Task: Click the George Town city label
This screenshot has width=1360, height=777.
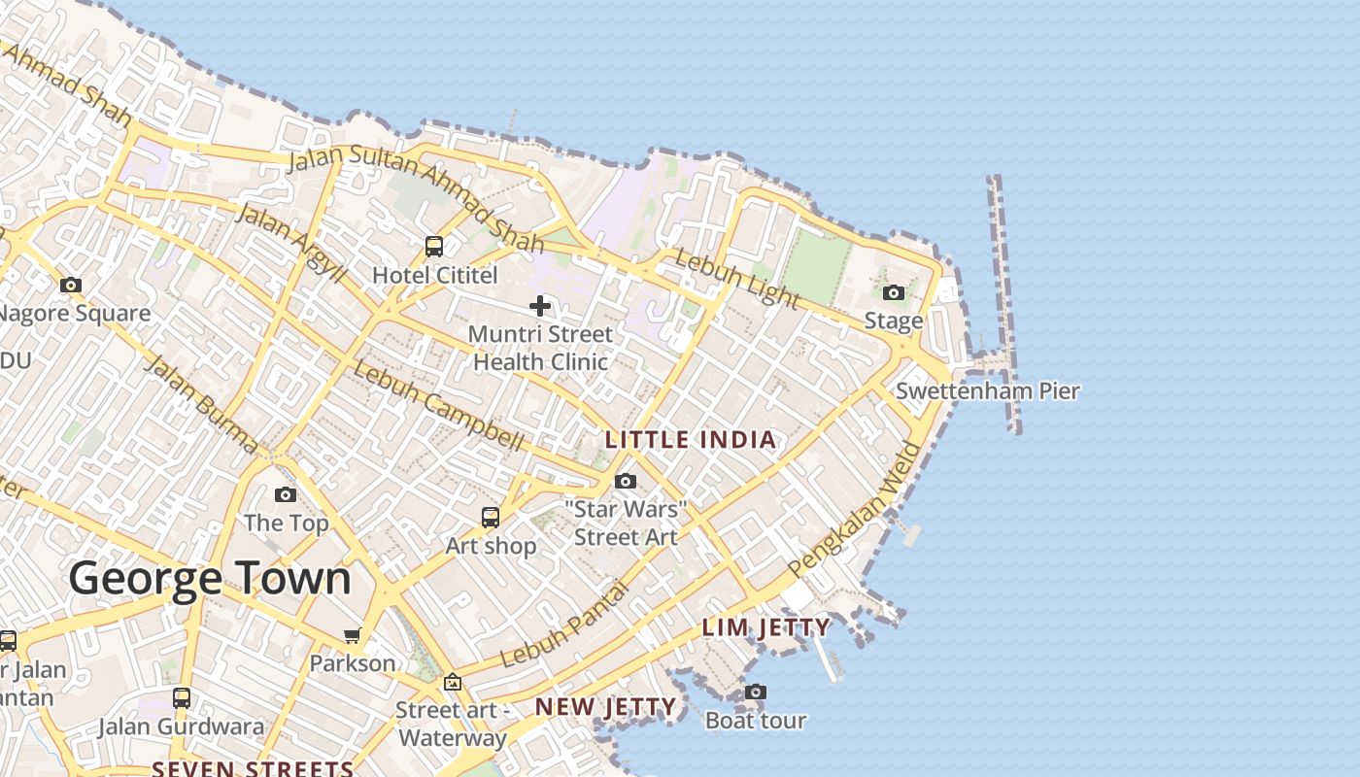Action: pos(210,579)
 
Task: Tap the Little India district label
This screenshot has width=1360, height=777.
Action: pos(691,440)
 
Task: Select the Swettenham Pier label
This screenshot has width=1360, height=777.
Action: pos(987,391)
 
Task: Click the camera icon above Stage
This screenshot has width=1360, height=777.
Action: pos(894,292)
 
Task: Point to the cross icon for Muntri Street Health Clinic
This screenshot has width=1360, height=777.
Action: pos(540,307)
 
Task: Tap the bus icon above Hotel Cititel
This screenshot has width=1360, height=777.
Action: pos(434,247)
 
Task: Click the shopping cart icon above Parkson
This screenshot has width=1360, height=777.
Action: pos(352,636)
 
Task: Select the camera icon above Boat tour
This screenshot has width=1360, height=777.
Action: pos(756,693)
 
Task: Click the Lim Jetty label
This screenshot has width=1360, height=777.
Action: pos(765,627)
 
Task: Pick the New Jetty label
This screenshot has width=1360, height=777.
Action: pos(605,707)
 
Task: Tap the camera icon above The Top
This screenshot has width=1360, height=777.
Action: pos(286,495)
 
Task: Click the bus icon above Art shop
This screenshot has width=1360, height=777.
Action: pos(491,518)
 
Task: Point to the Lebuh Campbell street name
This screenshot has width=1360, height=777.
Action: pos(438,405)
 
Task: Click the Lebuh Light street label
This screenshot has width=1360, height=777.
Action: pos(736,279)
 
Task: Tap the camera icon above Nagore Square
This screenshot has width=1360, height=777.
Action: pos(71,286)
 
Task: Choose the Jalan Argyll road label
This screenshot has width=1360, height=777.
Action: pos(290,244)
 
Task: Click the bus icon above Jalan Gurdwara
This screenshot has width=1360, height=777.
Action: pos(182,698)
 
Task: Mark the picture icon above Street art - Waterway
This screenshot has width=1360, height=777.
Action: pos(452,683)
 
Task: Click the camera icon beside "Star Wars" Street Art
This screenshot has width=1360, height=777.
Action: pos(626,482)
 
